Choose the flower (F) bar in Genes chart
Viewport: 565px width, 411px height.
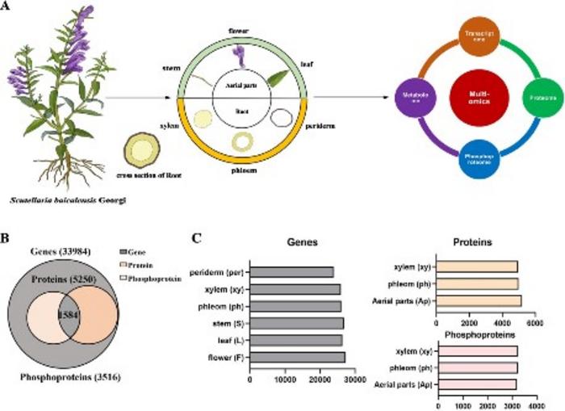298,357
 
